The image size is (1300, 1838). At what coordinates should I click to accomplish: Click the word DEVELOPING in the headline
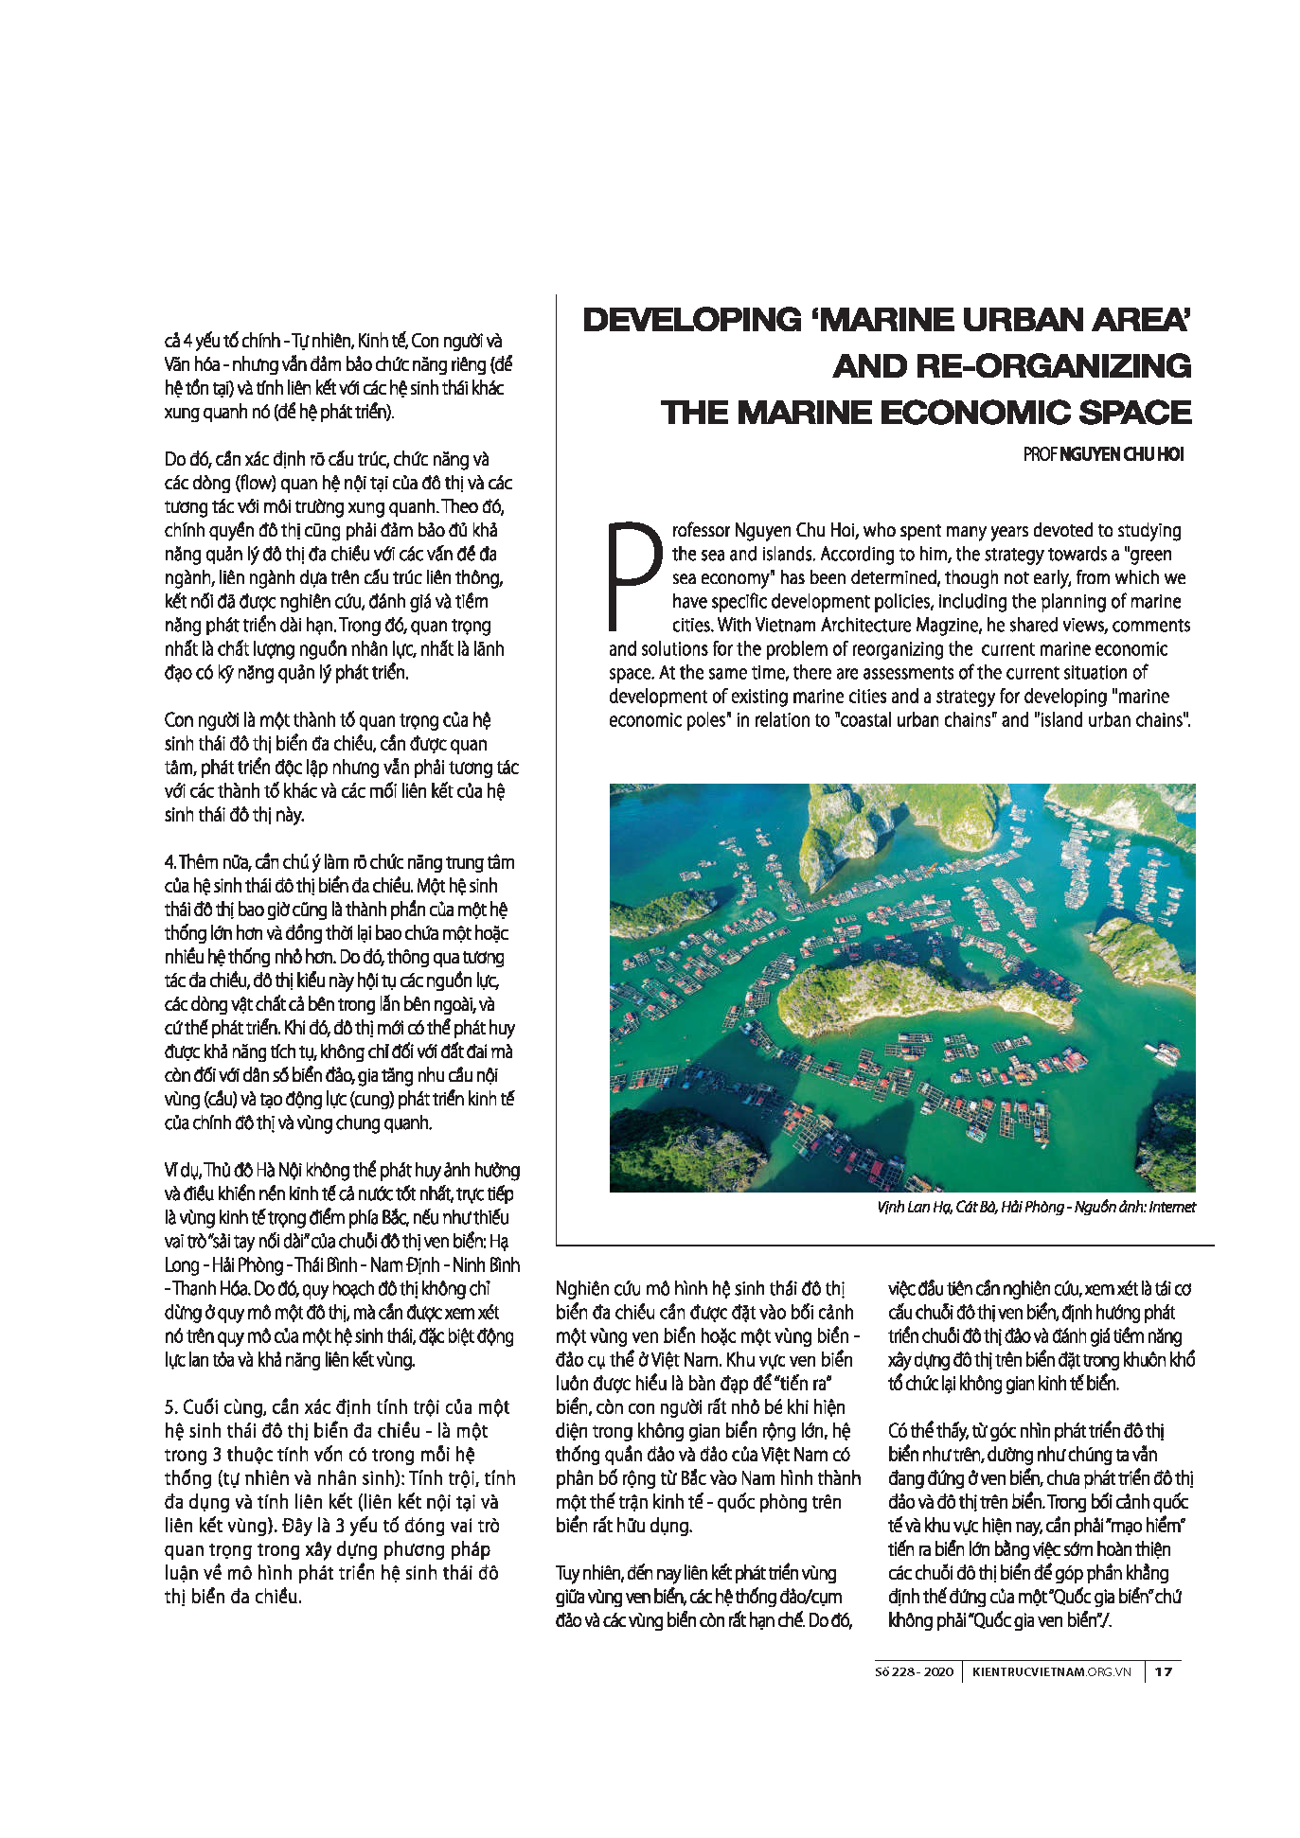point(691,320)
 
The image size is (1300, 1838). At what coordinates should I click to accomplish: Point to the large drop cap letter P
point(633,575)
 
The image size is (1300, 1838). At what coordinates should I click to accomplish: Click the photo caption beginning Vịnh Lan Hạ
point(1036,1207)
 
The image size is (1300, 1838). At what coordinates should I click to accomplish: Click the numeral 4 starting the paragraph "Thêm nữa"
point(169,862)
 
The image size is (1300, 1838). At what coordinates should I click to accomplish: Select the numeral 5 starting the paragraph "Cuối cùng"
point(169,1407)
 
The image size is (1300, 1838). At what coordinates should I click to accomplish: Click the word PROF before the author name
point(1040,455)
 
